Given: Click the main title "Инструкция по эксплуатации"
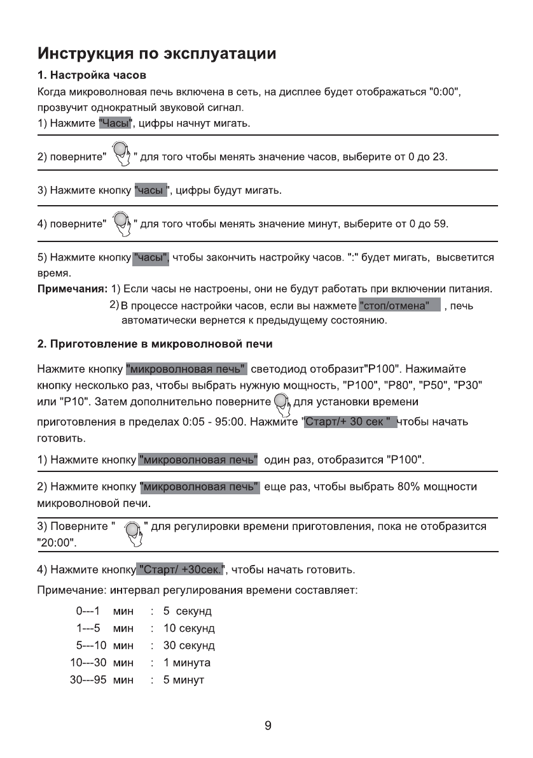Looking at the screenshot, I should (x=156, y=52).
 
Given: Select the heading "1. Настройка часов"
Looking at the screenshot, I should (x=92, y=77).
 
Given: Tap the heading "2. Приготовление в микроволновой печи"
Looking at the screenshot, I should (x=155, y=344).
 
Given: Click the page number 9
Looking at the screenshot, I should (x=268, y=725).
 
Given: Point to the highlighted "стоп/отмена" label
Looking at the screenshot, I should (x=399, y=306).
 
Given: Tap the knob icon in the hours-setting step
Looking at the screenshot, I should (x=120, y=154).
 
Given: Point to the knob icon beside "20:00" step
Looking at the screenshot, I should (x=132, y=533).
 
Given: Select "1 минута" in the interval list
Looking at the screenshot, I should (x=186, y=663).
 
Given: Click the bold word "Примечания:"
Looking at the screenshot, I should (x=72, y=290).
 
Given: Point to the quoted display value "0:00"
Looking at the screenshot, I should (x=444, y=93).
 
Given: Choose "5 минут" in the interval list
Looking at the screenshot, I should (x=183, y=680).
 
